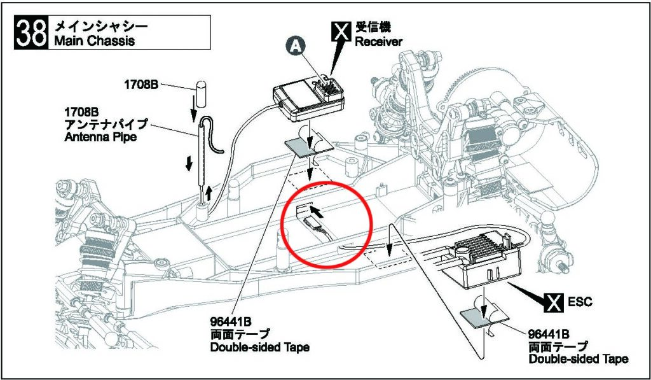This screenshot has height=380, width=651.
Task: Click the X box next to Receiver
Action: coord(341,31)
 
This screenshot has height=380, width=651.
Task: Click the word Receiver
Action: coord(378,42)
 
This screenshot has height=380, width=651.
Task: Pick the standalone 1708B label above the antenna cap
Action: coord(141,84)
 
